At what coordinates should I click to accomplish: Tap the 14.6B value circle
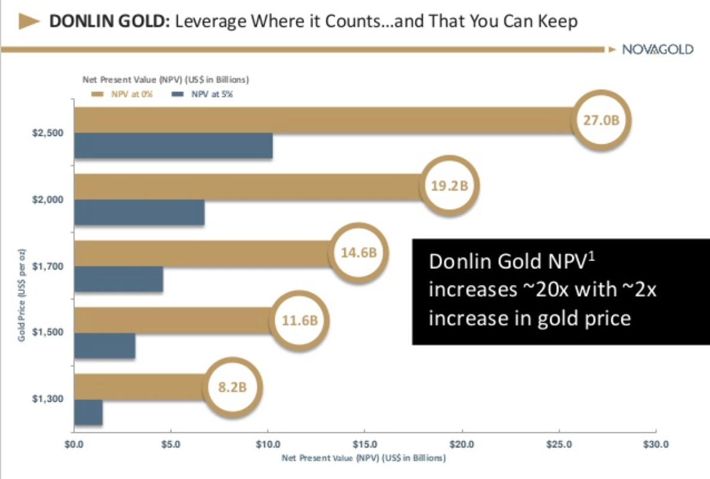(358, 252)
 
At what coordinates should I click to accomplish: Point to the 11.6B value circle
(299, 320)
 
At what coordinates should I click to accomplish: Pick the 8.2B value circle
(231, 386)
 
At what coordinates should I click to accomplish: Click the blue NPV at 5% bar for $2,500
(173, 146)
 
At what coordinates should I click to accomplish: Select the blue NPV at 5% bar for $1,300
(88, 413)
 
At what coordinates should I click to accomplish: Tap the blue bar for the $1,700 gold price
(119, 280)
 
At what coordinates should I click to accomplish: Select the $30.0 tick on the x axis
(656, 445)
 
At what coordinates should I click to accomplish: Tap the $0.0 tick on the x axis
(74, 445)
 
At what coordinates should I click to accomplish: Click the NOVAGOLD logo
(657, 50)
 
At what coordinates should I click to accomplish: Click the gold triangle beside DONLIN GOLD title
(30, 22)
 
